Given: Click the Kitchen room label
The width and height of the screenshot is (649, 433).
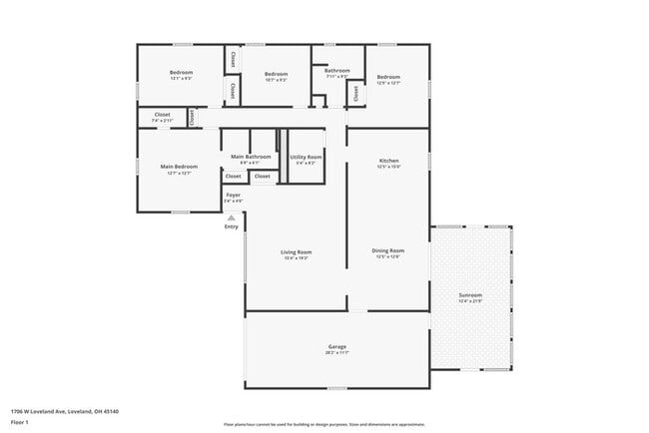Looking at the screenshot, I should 388,161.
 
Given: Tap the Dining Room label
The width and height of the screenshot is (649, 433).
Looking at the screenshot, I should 388,250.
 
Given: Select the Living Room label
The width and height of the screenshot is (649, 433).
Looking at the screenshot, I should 297,251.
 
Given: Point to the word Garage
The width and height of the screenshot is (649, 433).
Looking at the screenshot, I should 336,346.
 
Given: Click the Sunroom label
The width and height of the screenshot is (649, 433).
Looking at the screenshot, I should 470,295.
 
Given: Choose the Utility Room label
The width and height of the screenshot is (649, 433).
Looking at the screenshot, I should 306,157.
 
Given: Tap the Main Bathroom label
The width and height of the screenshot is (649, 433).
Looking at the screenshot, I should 251,157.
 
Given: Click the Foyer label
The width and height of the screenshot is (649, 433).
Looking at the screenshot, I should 233,195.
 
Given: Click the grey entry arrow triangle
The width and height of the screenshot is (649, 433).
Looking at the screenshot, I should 232,216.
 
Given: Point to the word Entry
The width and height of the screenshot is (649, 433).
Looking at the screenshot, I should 232,226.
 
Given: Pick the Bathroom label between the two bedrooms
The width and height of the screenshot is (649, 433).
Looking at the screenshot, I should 336,71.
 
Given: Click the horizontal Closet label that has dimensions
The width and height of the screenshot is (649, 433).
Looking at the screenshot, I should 162,115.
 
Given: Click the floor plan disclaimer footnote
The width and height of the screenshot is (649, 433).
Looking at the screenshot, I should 324,424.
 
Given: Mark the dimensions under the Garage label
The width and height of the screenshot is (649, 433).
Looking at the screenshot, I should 336,353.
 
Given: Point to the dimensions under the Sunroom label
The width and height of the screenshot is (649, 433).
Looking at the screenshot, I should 470,301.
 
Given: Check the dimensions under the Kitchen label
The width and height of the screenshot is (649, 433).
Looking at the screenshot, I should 388,167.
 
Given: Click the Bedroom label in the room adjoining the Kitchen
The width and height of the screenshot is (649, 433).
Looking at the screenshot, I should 388,77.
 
